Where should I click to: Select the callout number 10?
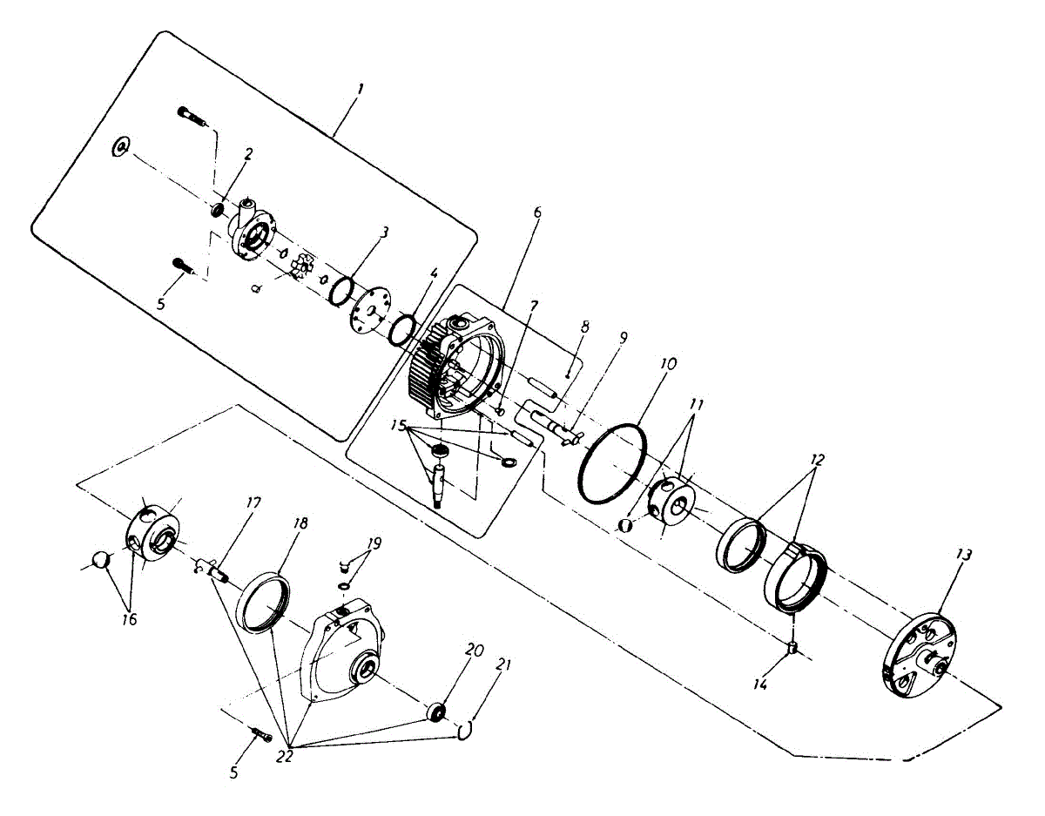point(668,361)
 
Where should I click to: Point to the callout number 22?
point(285,756)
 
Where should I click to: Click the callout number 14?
point(760,685)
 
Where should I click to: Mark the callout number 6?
point(537,212)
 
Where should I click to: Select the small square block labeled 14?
point(793,646)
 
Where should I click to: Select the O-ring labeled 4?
point(402,330)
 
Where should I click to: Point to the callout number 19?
point(374,543)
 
